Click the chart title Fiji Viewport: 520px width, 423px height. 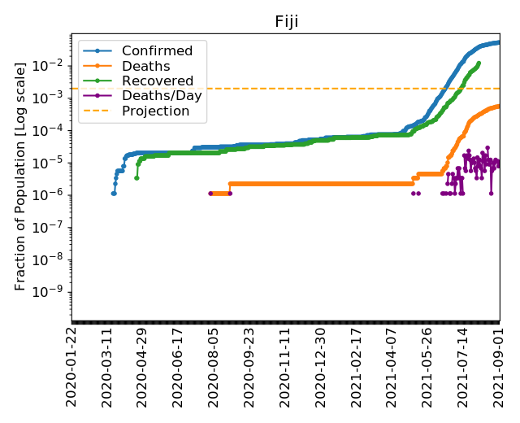[x=285, y=21]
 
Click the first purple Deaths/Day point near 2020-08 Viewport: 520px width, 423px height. [x=210, y=194]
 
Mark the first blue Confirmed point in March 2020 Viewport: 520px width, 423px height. [x=113, y=194]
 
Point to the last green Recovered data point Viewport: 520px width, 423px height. [x=479, y=63]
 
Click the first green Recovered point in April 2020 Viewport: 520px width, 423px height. [x=136, y=177]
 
